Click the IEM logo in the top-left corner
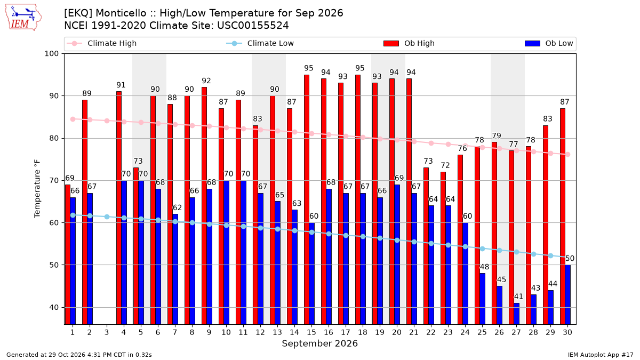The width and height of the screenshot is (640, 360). pyautogui.click(x=23, y=18)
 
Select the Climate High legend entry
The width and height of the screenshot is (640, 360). pyautogui.click(x=101, y=43)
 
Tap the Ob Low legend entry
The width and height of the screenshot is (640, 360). pyautogui.click(x=549, y=43)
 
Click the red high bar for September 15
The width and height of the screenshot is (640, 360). pyautogui.click(x=307, y=199)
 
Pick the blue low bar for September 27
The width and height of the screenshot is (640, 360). pyautogui.click(x=516, y=314)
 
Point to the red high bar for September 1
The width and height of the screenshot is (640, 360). pyautogui.click(x=68, y=254)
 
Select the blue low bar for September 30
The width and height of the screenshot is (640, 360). pyautogui.click(x=567, y=294)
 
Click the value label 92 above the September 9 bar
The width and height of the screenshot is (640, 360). pyautogui.click(x=206, y=81)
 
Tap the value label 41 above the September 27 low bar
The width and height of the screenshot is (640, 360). pyautogui.click(x=518, y=297)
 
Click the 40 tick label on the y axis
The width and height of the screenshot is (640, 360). pyautogui.click(x=54, y=307)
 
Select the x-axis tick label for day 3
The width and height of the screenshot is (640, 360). pyautogui.click(x=107, y=332)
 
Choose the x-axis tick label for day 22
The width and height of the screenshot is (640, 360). pyautogui.click(x=431, y=332)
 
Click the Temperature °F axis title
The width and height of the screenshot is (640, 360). pyautogui.click(x=37, y=189)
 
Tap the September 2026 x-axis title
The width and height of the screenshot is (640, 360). pyautogui.click(x=319, y=343)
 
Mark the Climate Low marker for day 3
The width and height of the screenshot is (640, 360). pyautogui.click(x=107, y=217)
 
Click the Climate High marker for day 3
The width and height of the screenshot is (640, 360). pyautogui.click(x=107, y=121)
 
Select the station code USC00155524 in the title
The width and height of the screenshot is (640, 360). pyautogui.click(x=253, y=26)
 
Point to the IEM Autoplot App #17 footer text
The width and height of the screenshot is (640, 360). pyautogui.click(x=601, y=355)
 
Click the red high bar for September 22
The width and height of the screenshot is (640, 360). pyautogui.click(x=426, y=246)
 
